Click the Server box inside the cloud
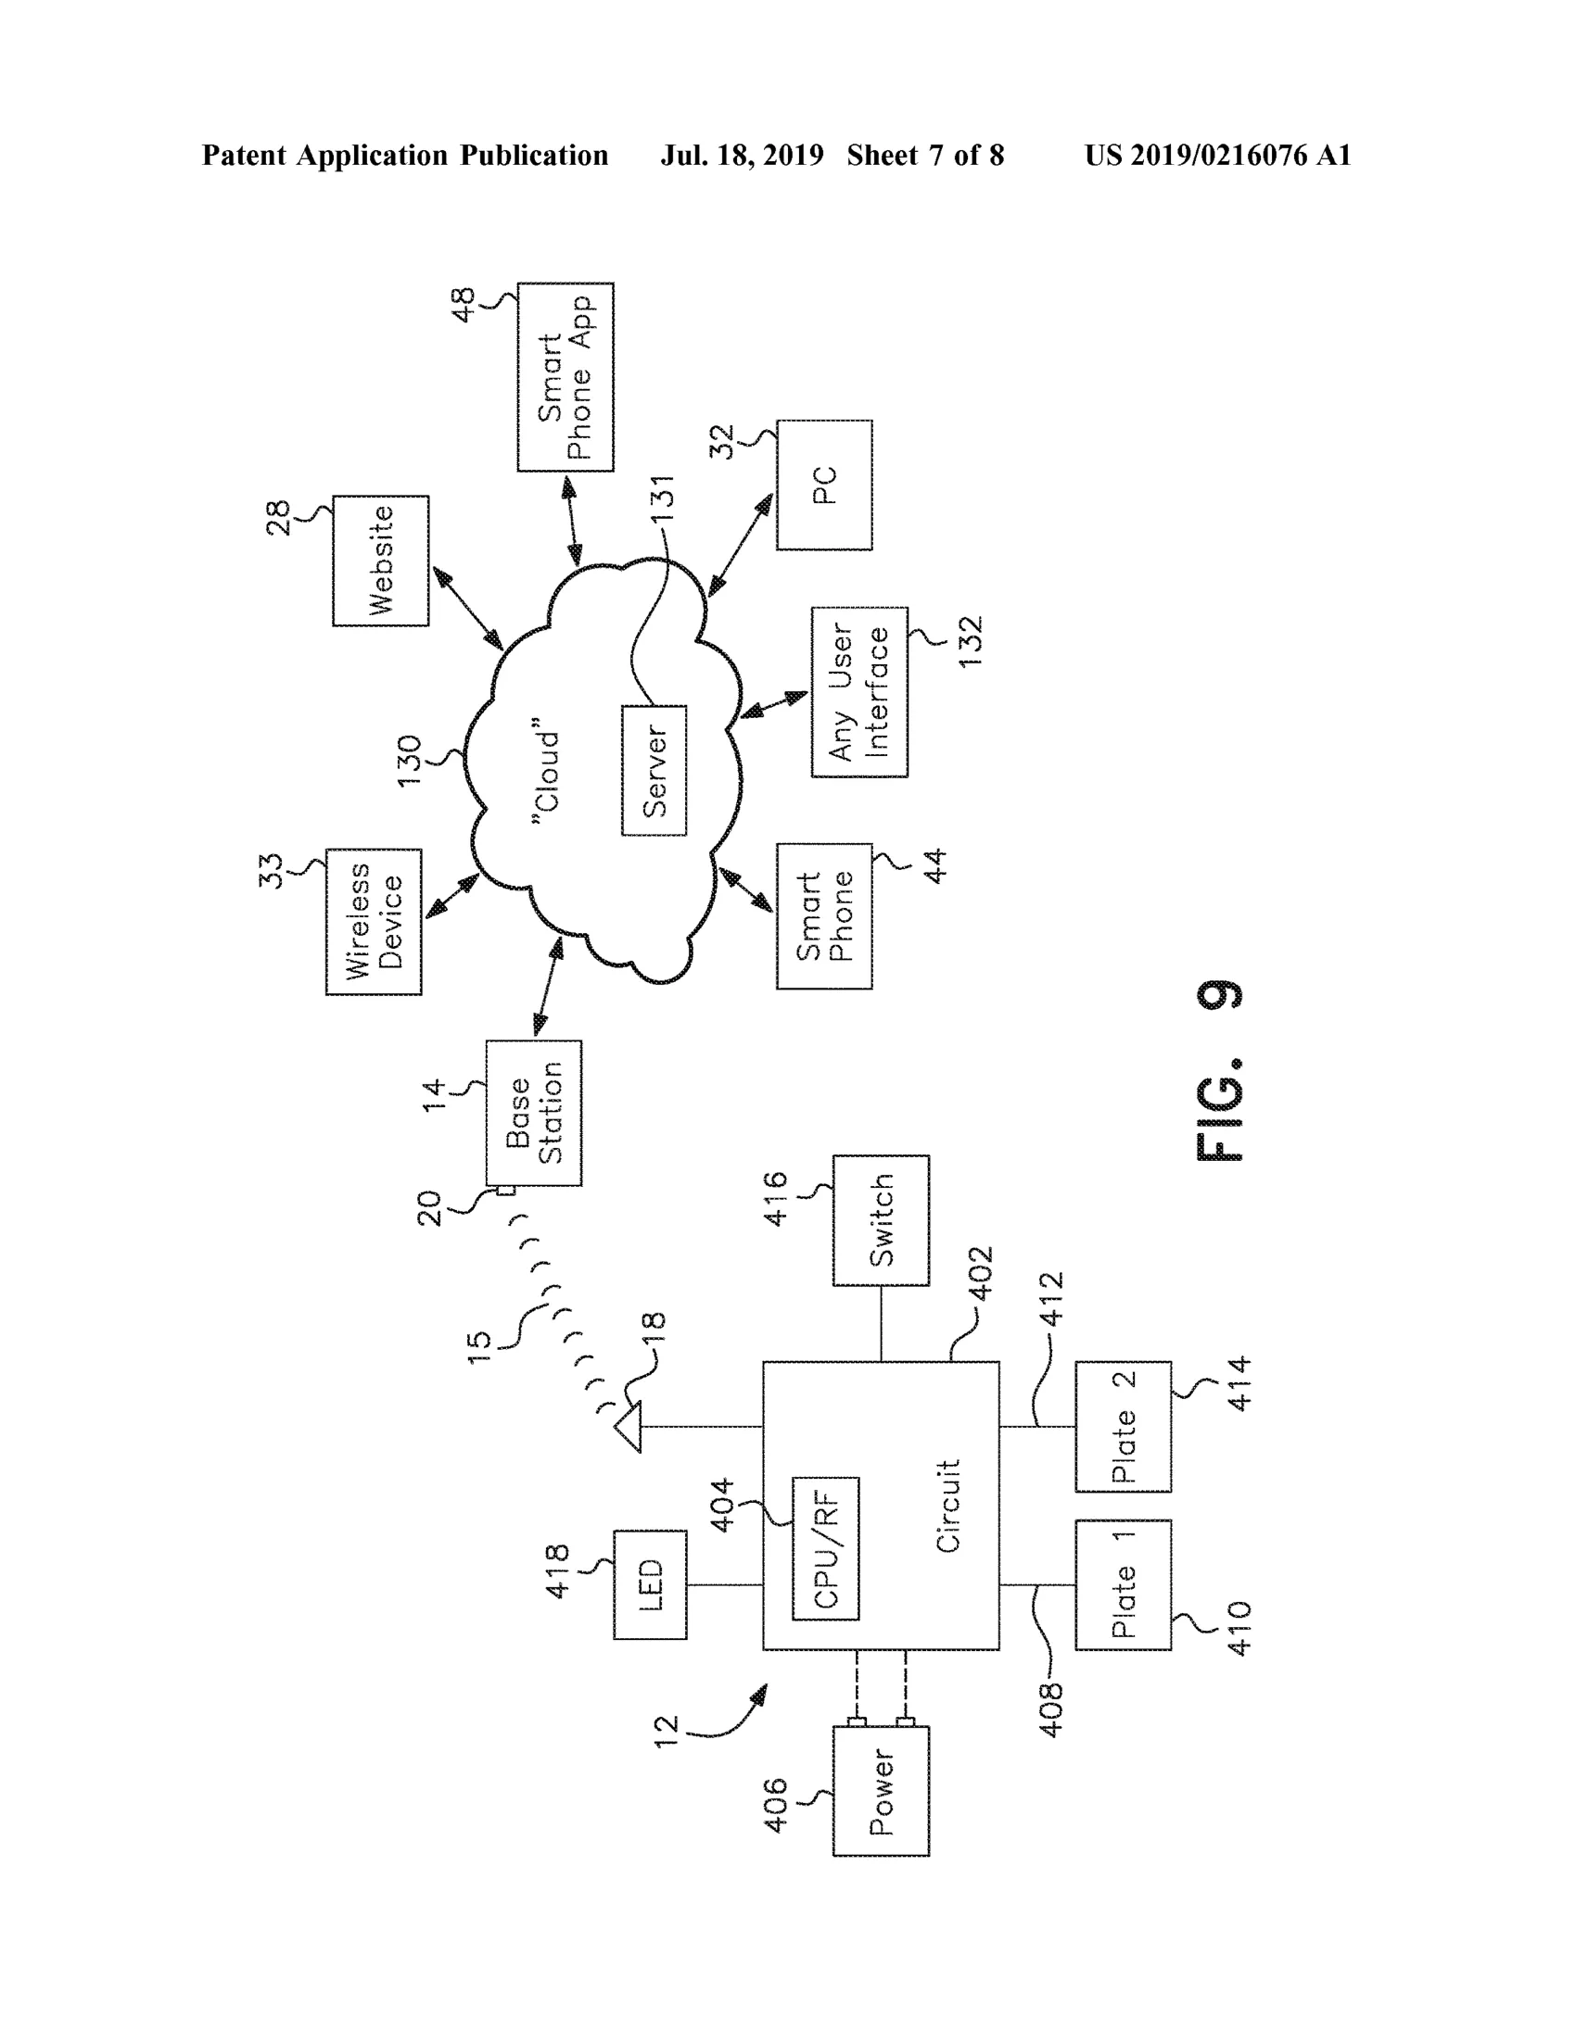point(654,770)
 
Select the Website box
point(380,561)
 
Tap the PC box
point(824,485)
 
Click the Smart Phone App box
point(566,377)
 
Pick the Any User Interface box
point(859,692)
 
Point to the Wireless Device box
point(374,922)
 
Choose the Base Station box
point(534,1113)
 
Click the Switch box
point(881,1220)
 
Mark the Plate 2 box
point(1124,1427)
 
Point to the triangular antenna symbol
point(629,1427)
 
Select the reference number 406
point(774,1806)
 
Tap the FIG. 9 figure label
point(1219,1071)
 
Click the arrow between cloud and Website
point(467,609)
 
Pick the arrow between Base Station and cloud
point(549,987)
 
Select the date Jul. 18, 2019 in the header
point(742,156)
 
